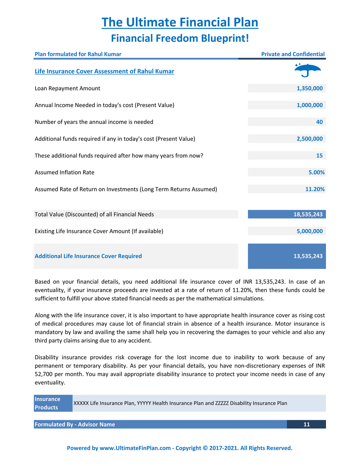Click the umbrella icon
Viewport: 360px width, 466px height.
[x=307, y=71]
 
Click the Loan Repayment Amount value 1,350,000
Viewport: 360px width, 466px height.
[x=309, y=88]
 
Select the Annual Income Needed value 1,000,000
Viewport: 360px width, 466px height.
[x=309, y=105]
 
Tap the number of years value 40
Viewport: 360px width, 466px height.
[x=319, y=122]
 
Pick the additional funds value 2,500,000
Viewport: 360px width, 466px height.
[x=309, y=139]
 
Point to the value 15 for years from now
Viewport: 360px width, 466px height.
[x=319, y=156]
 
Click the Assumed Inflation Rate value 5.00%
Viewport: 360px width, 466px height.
[x=316, y=173]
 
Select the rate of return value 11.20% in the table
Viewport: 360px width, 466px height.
[x=315, y=189]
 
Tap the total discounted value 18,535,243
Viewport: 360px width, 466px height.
[x=308, y=215]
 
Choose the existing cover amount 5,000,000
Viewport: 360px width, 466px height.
[x=309, y=231]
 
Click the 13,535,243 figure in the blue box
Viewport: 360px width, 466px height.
[x=308, y=256]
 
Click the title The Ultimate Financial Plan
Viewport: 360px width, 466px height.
[x=180, y=22]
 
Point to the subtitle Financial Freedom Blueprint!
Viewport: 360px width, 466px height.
[x=180, y=38]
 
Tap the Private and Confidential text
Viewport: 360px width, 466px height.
[x=293, y=54]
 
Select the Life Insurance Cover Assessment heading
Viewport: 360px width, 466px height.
[x=104, y=71]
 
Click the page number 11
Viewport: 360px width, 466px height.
[x=306, y=424]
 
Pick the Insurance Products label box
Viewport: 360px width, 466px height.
[x=53, y=403]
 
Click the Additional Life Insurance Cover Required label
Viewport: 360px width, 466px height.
[x=88, y=256]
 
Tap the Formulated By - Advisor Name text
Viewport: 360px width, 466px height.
[x=75, y=424]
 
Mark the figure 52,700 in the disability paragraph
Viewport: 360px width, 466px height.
[x=44, y=374]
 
